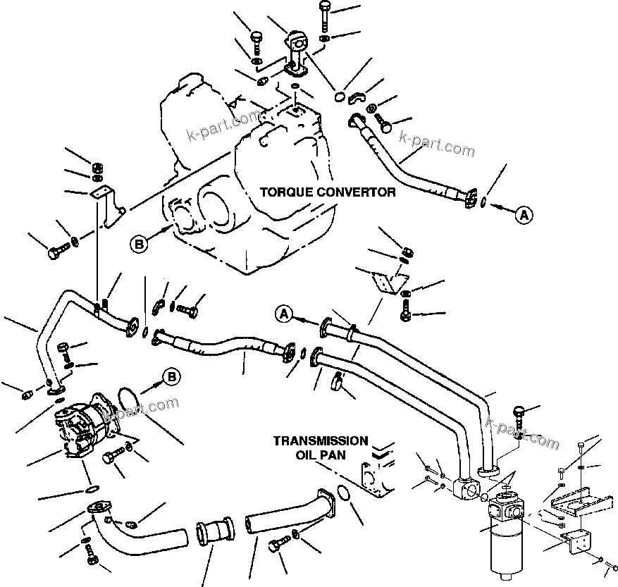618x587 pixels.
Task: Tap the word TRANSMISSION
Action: click(x=321, y=441)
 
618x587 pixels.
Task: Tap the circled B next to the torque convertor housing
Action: click(x=140, y=244)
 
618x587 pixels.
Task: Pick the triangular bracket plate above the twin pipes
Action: click(x=385, y=280)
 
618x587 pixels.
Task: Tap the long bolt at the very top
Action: click(x=324, y=15)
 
